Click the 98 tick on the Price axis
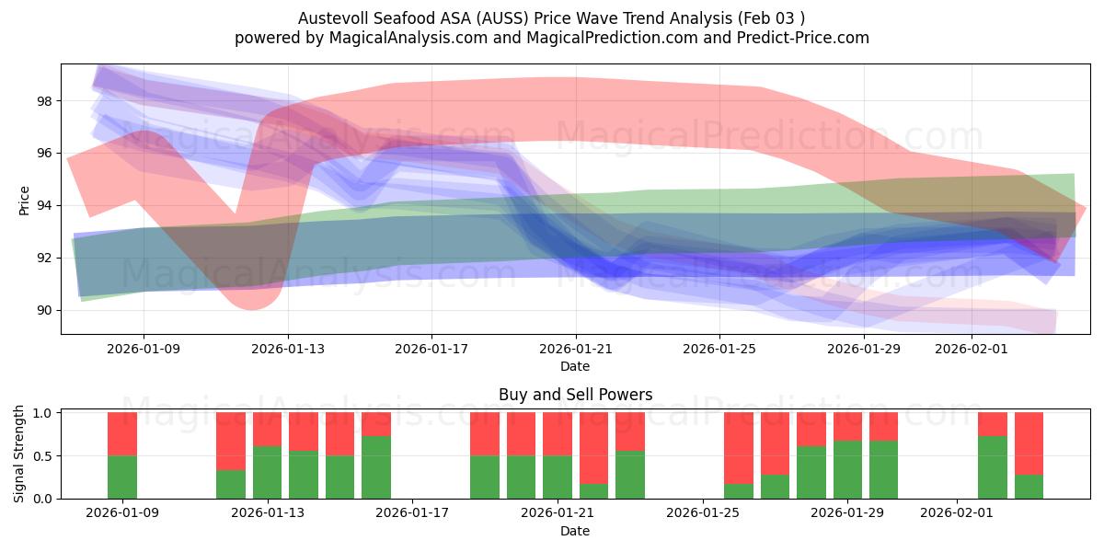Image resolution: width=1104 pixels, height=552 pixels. [44, 100]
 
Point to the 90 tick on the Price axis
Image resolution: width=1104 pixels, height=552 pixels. [44, 310]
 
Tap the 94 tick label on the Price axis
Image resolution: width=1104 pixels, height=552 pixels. [44, 205]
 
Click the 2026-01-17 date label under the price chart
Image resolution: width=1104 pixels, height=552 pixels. [431, 349]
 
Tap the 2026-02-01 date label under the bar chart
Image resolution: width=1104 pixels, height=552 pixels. [958, 513]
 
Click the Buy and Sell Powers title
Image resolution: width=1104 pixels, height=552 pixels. [575, 395]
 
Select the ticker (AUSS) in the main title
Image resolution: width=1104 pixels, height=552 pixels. [504, 18]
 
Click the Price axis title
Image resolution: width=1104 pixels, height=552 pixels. [24, 200]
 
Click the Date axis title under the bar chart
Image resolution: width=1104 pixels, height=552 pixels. [575, 531]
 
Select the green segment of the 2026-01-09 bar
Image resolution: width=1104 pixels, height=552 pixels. [122, 477]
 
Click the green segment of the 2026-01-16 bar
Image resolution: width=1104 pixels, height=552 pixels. [376, 467]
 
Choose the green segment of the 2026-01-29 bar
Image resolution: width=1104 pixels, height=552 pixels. [847, 469]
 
